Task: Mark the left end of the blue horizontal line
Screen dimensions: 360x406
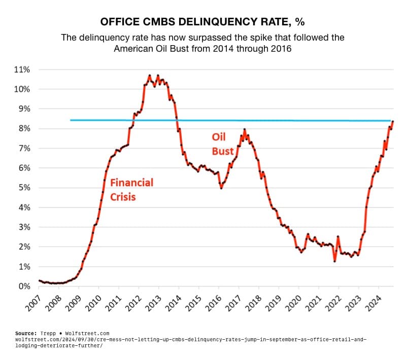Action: (71, 120)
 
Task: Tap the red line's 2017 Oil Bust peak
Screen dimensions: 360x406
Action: (245, 130)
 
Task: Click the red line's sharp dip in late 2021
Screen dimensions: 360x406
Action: (334, 261)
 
